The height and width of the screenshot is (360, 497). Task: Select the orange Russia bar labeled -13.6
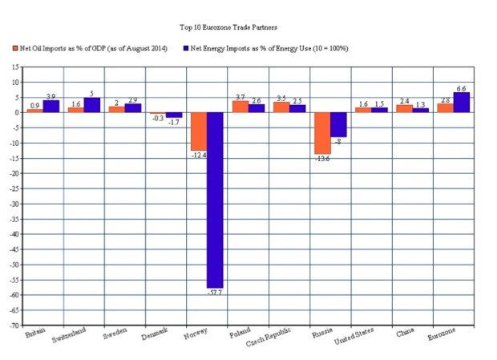321,132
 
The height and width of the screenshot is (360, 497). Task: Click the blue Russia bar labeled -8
338,124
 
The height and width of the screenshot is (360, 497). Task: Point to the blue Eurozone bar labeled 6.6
461,102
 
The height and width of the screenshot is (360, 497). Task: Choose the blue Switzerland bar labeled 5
91,104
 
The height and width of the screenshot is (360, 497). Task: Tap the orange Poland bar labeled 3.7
240,107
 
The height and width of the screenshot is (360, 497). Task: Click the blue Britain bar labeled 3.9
51,106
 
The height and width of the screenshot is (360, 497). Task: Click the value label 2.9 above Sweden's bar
133,99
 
